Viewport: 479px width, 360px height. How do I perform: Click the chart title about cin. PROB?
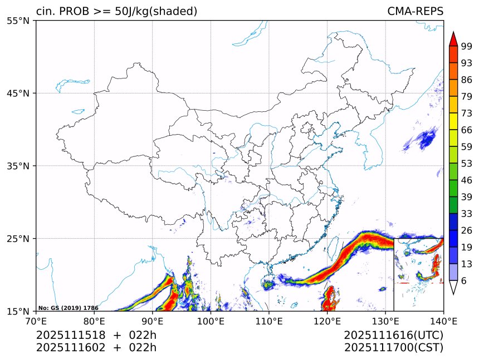point(116,12)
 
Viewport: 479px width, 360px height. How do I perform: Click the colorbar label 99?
point(467,47)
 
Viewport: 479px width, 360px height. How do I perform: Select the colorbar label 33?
point(467,214)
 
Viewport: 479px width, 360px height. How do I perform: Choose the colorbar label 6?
point(464,281)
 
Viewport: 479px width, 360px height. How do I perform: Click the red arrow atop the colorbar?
point(453,39)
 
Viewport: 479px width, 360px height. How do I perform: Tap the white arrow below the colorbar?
point(453,287)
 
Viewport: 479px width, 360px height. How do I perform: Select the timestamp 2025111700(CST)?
point(393,348)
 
